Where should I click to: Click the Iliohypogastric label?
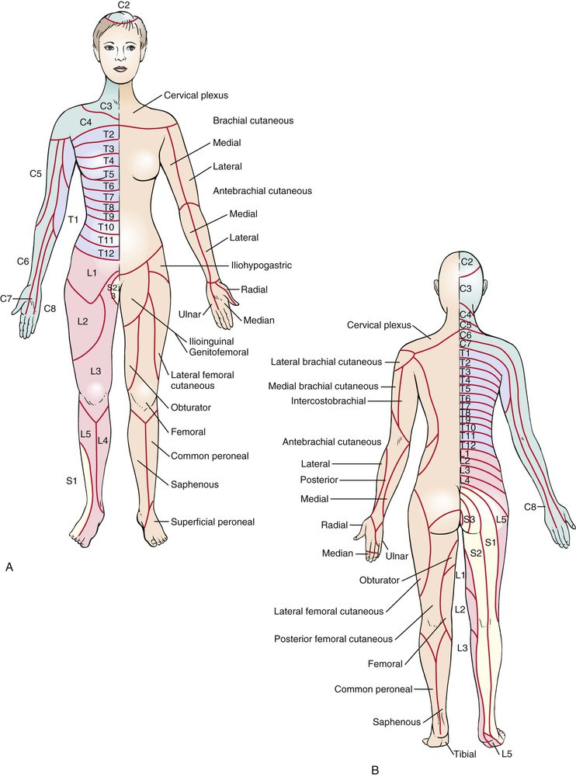pyautogui.click(x=261, y=265)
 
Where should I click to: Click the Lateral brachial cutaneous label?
pyautogui.click(x=326, y=362)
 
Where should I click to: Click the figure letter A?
pyautogui.click(x=9, y=568)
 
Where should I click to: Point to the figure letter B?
pyautogui.click(x=375, y=770)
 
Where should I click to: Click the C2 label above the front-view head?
pyautogui.click(x=124, y=5)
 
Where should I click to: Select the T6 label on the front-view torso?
pyautogui.click(x=109, y=186)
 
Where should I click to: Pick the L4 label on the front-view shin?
pyautogui.click(x=102, y=441)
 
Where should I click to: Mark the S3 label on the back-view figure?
pyautogui.click(x=467, y=518)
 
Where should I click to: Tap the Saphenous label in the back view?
pyautogui.click(x=400, y=721)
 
